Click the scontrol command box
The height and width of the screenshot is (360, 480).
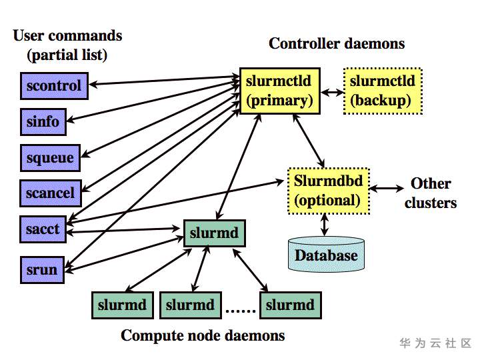pos(54,85)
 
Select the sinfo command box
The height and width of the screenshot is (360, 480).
pos(43,122)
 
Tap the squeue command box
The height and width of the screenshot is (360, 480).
pos(50,158)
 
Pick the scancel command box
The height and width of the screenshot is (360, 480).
pos(51,193)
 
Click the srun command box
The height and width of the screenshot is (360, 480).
pos(42,270)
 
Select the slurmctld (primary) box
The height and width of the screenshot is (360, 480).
pos(279,91)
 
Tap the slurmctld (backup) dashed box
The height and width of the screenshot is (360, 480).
pos(382,91)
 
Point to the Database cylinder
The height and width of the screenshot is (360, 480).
pos(326,254)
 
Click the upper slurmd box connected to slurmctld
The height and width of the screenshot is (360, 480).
pos(214,234)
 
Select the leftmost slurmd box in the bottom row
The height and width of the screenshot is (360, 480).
pos(122,305)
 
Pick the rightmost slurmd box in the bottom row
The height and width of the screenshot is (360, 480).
pos(290,305)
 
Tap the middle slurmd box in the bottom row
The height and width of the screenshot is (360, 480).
pos(190,305)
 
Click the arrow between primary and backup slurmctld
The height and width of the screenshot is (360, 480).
pos(331,91)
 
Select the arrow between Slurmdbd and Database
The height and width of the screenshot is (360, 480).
pos(325,225)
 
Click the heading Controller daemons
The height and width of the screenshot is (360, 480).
pos(337,43)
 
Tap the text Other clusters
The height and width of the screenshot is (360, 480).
pos(431,193)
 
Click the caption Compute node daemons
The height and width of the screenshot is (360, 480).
pos(203,335)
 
